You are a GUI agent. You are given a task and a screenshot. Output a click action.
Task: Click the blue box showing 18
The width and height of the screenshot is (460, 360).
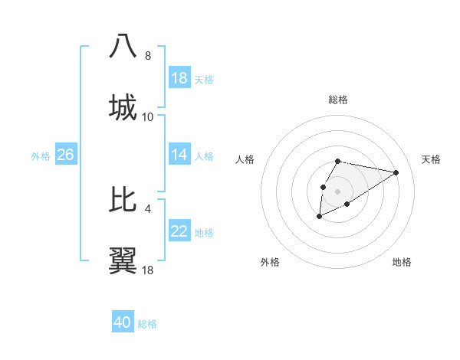pyautogui.click(x=179, y=78)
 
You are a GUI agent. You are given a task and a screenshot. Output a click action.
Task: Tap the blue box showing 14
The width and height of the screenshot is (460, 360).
pyautogui.click(x=179, y=155)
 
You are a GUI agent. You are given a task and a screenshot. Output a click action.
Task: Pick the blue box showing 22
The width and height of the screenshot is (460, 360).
pyautogui.click(x=179, y=231)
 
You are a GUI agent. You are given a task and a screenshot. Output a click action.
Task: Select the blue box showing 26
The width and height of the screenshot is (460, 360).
pyautogui.click(x=65, y=155)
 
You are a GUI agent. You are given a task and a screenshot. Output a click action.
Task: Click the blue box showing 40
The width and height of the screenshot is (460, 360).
pyautogui.click(x=123, y=322)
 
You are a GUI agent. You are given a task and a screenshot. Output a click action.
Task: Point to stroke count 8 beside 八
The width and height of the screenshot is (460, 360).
pyautogui.click(x=148, y=56)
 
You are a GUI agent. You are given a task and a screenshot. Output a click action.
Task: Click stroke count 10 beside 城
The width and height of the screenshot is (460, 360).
pyautogui.click(x=148, y=117)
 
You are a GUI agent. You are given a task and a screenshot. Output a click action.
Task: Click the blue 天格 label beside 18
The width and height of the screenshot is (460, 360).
pyautogui.click(x=204, y=80)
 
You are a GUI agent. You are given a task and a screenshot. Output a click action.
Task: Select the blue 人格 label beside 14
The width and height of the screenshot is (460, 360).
pyautogui.click(x=204, y=156)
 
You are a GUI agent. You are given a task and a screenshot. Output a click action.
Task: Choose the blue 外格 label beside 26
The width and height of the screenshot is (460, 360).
pyautogui.click(x=41, y=156)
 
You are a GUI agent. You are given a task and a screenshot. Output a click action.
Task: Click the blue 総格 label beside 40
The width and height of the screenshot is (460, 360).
pyautogui.click(x=147, y=324)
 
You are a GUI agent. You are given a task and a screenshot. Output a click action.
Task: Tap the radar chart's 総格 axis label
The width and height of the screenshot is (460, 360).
pyautogui.click(x=338, y=100)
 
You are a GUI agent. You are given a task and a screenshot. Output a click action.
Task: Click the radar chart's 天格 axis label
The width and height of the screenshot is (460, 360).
pyautogui.click(x=431, y=159)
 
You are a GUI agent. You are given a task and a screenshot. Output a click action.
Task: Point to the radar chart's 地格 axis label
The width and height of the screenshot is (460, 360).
pyautogui.click(x=402, y=262)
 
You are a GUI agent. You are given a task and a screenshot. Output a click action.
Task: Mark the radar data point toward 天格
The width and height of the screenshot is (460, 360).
pyautogui.click(x=396, y=172)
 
